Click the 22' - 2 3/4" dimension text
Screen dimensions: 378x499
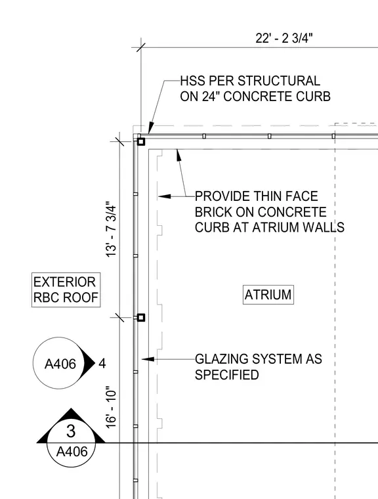[x=284, y=38]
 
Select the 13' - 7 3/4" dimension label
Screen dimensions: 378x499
[x=112, y=229]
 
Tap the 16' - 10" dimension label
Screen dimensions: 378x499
[x=112, y=408]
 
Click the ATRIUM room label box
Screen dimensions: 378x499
[x=268, y=295]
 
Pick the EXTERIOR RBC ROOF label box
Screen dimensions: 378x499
[x=66, y=290]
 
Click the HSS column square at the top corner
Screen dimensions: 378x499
[x=141, y=142]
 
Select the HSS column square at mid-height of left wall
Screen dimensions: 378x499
[x=141, y=317]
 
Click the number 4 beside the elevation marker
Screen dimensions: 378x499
[x=102, y=364]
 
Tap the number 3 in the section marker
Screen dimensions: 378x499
[x=71, y=431]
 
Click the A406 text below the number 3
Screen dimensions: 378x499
[x=72, y=452]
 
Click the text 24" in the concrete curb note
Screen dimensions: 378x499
[x=211, y=97]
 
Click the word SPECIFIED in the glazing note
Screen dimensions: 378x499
[x=227, y=375]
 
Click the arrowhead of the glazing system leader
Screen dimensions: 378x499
[x=148, y=359]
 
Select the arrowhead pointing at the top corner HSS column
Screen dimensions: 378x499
[x=151, y=128]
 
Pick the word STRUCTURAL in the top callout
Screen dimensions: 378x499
[x=279, y=81]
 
